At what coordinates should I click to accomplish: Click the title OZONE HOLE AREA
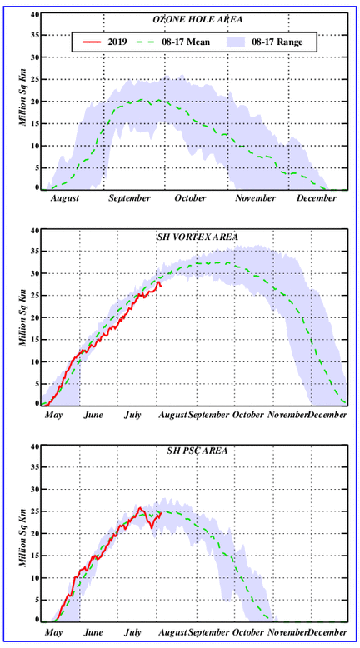(197, 20)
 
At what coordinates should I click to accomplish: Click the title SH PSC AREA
(197, 451)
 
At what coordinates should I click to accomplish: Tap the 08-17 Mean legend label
(186, 42)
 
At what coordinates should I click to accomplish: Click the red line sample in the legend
(92, 42)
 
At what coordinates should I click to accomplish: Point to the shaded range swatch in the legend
(237, 42)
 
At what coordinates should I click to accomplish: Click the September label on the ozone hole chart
(130, 198)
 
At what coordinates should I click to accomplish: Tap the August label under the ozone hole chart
(65, 198)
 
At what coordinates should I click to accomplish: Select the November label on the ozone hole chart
(256, 198)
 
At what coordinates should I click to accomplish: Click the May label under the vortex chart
(53, 415)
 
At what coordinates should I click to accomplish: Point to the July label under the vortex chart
(132, 415)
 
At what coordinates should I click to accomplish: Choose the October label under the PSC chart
(248, 633)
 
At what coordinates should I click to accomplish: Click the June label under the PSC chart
(93, 633)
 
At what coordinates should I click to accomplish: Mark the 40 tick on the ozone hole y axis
(35, 14)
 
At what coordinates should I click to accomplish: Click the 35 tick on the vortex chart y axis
(35, 252)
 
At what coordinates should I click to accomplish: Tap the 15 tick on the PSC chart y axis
(35, 556)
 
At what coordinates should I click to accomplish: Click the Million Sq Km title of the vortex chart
(23, 317)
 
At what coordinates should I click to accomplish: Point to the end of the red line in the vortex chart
(161, 286)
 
